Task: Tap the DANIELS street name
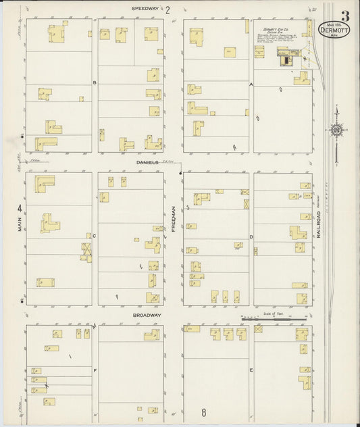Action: pos(147,163)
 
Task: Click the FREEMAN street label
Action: pos(174,219)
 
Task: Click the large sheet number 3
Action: pos(345,16)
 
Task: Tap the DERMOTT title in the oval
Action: pos(334,30)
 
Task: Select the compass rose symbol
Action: pos(336,130)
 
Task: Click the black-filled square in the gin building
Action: pos(283,60)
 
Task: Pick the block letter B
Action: pos(95,83)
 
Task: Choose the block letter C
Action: pos(95,236)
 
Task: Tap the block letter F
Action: pos(95,371)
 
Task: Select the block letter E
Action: pos(251,371)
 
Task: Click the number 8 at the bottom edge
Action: pos(203,411)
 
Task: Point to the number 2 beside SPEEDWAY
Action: pos(168,10)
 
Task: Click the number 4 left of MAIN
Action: pos(20,208)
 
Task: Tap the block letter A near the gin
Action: pos(251,84)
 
